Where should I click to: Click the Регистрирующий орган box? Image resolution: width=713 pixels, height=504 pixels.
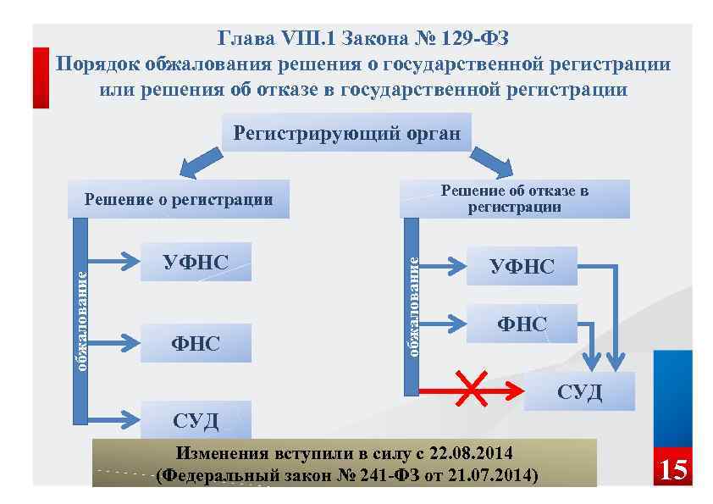pyautogui.click(x=346, y=134)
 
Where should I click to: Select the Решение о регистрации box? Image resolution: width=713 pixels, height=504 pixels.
pyautogui.click(x=179, y=200)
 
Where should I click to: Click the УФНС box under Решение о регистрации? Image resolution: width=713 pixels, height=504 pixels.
pyautogui.click(x=196, y=262)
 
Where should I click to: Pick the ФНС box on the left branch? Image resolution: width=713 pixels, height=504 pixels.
pyautogui.click(x=196, y=343)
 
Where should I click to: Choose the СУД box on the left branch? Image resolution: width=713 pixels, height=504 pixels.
pyautogui.click(x=196, y=419)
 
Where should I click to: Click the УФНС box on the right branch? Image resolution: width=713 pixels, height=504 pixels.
pyautogui.click(x=522, y=267)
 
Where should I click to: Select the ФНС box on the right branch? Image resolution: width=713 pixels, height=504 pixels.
pyautogui.click(x=522, y=324)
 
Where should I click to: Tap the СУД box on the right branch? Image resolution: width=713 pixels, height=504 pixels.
pyautogui.click(x=579, y=391)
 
